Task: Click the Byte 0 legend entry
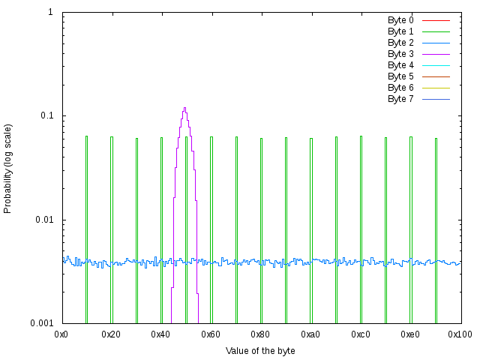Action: [400, 20]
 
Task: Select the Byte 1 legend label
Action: [400, 31]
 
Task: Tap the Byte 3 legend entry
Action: [400, 54]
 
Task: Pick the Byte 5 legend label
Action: [400, 76]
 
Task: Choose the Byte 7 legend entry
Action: [400, 99]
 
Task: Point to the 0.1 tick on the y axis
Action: [46, 116]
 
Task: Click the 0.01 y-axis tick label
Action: [43, 220]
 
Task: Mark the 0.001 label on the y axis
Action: [41, 323]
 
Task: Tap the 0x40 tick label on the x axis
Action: [161, 334]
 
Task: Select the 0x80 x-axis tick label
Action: [261, 334]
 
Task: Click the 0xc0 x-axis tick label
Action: [361, 334]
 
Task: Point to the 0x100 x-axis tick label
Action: [460, 334]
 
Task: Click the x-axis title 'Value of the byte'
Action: [261, 351]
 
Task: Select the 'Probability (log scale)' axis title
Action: [8, 168]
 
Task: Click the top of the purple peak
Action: [184, 108]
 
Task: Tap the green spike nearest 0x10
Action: [86, 137]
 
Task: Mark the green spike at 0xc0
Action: [361, 137]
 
